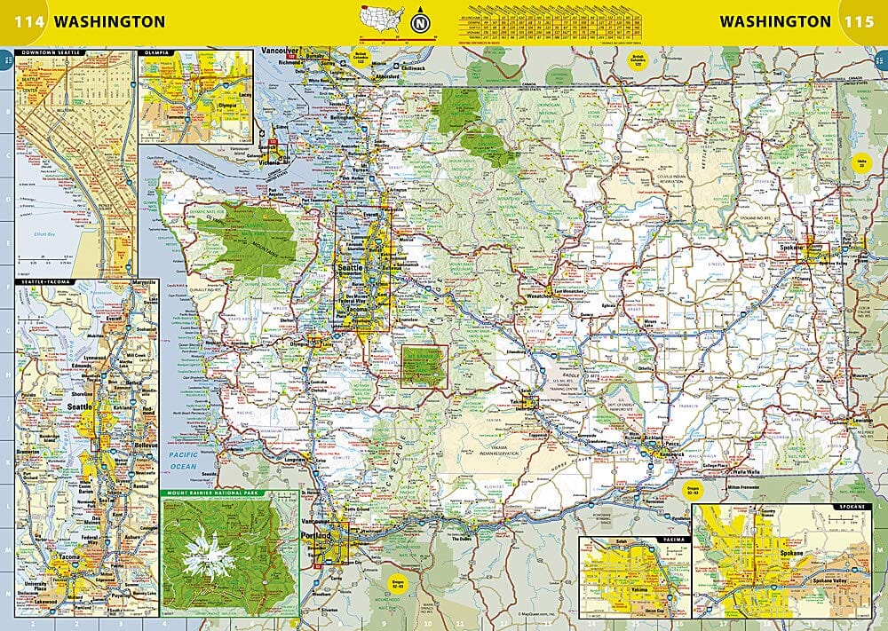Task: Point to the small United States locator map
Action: [379, 18]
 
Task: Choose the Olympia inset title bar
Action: [156, 53]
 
